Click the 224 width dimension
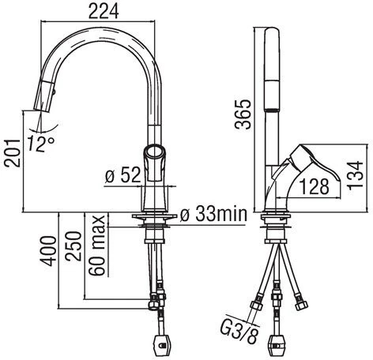[104, 12]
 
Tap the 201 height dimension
[13, 153]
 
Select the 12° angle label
[41, 144]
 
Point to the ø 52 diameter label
[122, 175]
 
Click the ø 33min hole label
[213, 214]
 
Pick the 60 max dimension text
[97, 246]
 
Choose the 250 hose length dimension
[73, 246]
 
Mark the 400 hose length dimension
[48, 251]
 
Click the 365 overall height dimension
[243, 114]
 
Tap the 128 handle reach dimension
[315, 186]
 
